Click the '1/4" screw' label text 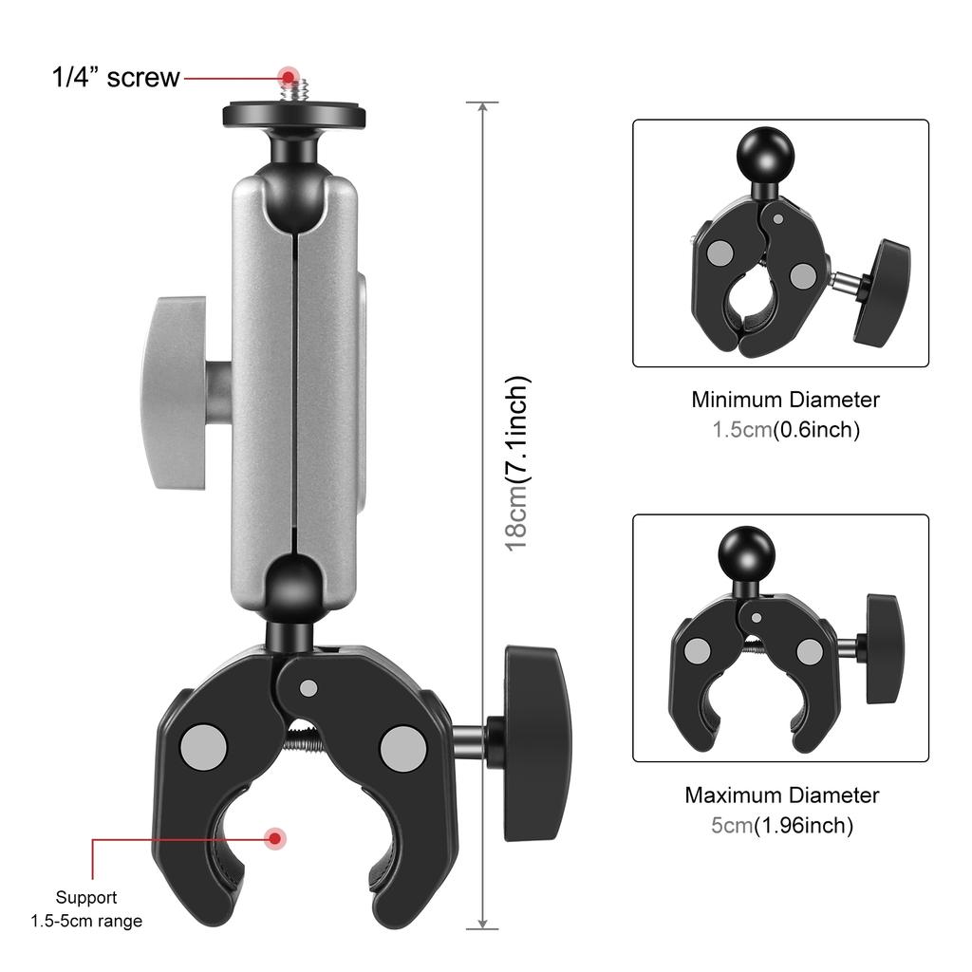115,77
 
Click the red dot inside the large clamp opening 275,838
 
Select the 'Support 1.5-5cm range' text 86,908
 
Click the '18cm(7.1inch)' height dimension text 517,464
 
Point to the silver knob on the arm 176,392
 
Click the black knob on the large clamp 536,741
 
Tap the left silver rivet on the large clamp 204,746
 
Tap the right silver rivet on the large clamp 402,747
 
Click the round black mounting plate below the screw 294,115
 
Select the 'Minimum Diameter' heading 785,400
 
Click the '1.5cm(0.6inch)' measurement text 786,430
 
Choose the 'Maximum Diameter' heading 782,794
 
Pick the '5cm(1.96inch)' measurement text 782,826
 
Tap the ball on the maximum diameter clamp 746,551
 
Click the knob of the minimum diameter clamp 883,290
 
